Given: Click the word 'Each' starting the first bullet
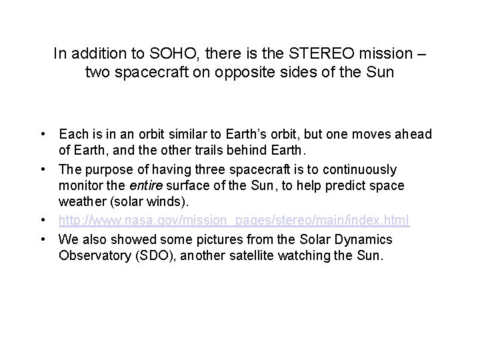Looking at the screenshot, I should pyautogui.click(x=73, y=135).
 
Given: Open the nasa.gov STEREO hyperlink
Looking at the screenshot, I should pyautogui.click(x=233, y=219).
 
